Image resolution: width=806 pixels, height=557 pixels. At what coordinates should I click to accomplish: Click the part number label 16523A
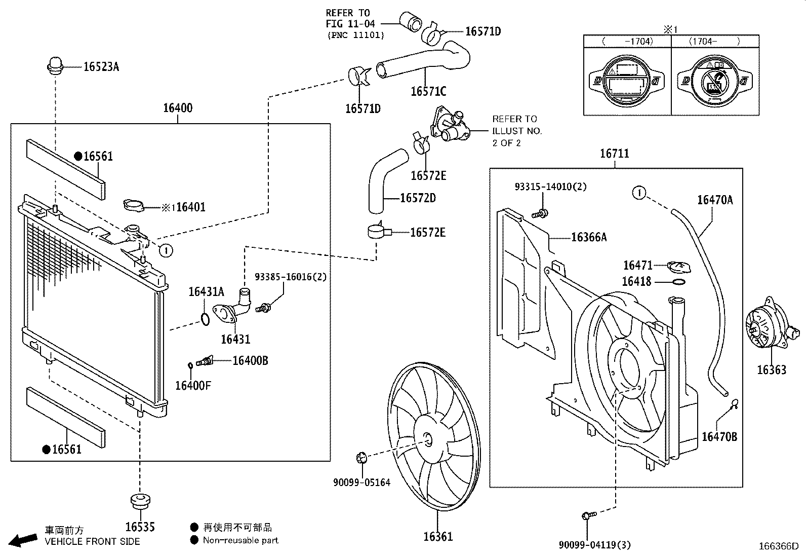[101, 67]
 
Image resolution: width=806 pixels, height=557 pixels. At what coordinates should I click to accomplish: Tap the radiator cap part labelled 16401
[134, 205]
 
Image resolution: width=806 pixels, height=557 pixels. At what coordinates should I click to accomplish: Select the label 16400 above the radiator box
[178, 108]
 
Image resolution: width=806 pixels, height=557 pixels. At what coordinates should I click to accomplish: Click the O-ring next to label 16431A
[205, 319]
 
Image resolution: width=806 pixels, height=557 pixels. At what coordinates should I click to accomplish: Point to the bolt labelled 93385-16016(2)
[263, 308]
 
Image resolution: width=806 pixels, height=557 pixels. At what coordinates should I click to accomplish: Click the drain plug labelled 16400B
[205, 361]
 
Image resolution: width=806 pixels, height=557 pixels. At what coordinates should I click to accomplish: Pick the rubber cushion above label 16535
[140, 501]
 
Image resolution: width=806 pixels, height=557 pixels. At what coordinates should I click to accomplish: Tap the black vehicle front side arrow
[23, 540]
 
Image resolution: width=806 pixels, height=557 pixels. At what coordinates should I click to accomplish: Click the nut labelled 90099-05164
[361, 458]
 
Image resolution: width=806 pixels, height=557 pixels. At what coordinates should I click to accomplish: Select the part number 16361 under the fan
[438, 536]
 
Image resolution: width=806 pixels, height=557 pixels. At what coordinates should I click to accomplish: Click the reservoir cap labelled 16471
[678, 267]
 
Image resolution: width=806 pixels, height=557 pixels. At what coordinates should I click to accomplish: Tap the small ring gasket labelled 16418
[678, 282]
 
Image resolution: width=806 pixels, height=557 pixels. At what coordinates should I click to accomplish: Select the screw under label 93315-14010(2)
[540, 214]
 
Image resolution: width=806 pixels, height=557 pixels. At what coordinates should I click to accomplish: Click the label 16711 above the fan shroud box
[615, 154]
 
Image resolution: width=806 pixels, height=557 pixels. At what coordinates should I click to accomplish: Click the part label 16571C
[428, 91]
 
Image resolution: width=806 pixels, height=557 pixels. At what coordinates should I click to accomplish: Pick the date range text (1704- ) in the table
[714, 42]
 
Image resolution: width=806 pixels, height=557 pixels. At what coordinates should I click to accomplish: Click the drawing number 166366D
[779, 546]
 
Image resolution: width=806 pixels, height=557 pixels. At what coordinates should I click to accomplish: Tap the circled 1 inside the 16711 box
[639, 193]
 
